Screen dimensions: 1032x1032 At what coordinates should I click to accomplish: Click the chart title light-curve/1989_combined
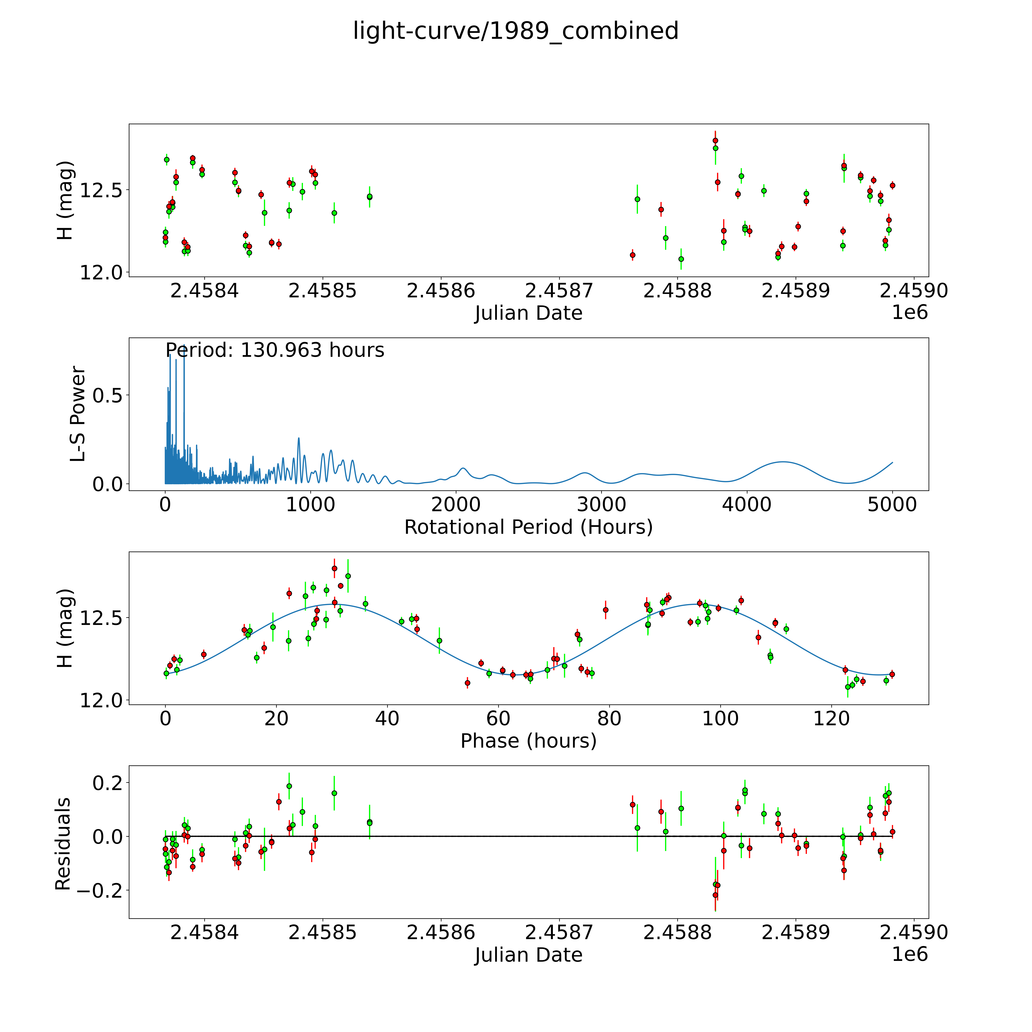pos(515,31)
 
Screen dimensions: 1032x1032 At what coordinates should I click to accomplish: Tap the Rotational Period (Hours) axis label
pos(528,527)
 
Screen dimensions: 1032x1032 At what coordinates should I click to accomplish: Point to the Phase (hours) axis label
pos(528,741)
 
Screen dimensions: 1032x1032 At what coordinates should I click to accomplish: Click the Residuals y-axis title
pos(63,844)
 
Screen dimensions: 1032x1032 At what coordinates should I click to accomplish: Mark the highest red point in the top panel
pos(715,140)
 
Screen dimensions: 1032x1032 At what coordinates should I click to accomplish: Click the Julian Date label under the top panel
pos(528,313)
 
